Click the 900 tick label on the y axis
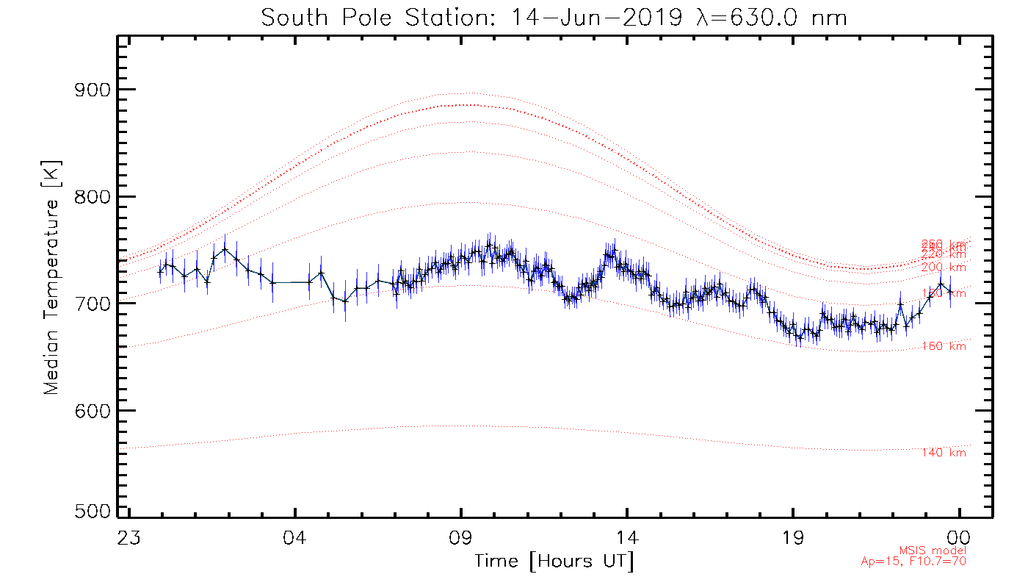(93, 90)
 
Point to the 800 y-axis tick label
(93, 197)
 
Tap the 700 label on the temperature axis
(93, 304)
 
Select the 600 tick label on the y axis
(93, 410)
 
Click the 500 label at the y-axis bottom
(93, 512)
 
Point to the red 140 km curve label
(944, 453)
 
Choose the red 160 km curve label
(944, 346)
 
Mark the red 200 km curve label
(944, 268)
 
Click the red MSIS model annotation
(933, 551)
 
